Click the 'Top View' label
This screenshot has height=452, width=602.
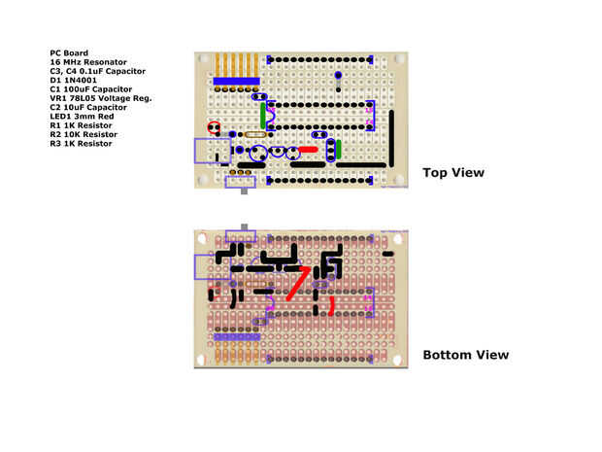pyautogui.click(x=452, y=173)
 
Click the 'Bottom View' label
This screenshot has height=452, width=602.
pyautogui.click(x=465, y=355)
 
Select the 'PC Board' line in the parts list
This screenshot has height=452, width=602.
pyautogui.click(x=69, y=52)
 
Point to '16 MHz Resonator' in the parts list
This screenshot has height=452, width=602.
pyautogui.click(x=87, y=62)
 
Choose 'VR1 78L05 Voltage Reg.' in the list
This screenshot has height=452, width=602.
pyautogui.click(x=101, y=98)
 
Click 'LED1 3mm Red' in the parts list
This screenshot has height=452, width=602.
pyautogui.click(x=83, y=117)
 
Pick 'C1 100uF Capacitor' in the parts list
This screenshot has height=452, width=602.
pyautogui.click(x=90, y=89)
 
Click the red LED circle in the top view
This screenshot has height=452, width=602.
pyautogui.click(x=215, y=127)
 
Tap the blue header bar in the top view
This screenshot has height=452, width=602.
pyautogui.click(x=236, y=81)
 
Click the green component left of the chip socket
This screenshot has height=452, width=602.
pyautogui.click(x=262, y=116)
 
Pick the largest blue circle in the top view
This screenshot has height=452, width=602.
pyautogui.click(x=259, y=153)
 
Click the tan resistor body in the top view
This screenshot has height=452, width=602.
pyautogui.click(x=256, y=135)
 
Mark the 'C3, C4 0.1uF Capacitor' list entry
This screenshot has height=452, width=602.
pyautogui.click(x=97, y=71)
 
